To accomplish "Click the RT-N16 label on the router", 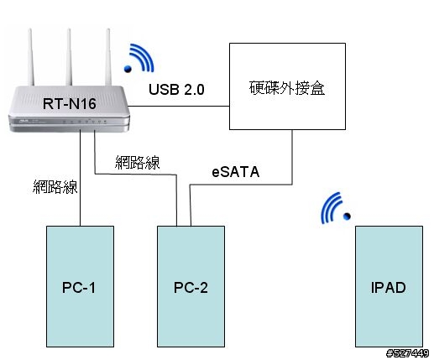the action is (x=69, y=103).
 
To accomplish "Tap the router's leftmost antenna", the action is (x=31, y=57).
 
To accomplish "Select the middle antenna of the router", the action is (x=69, y=57).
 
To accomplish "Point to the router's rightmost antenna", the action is (x=108, y=57).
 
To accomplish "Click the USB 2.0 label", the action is (x=176, y=90).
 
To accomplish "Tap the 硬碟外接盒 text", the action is (x=287, y=88).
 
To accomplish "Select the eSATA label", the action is (x=236, y=172).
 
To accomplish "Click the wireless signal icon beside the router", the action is (x=139, y=58).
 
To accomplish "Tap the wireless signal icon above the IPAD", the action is (x=336, y=208).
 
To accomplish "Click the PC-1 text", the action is (x=79, y=288).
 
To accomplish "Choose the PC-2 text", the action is (x=191, y=288).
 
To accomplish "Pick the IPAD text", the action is (x=389, y=288).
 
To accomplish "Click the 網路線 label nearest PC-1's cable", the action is (x=55, y=187).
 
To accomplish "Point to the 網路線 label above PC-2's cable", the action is (x=137, y=162).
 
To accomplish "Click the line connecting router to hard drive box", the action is (x=179, y=107).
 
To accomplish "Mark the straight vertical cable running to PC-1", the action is (x=81, y=178).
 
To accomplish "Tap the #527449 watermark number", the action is (x=407, y=353).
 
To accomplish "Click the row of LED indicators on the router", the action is (x=84, y=122).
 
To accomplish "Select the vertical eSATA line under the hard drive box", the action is (x=292, y=157).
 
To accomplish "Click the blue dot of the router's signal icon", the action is (x=128, y=69).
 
